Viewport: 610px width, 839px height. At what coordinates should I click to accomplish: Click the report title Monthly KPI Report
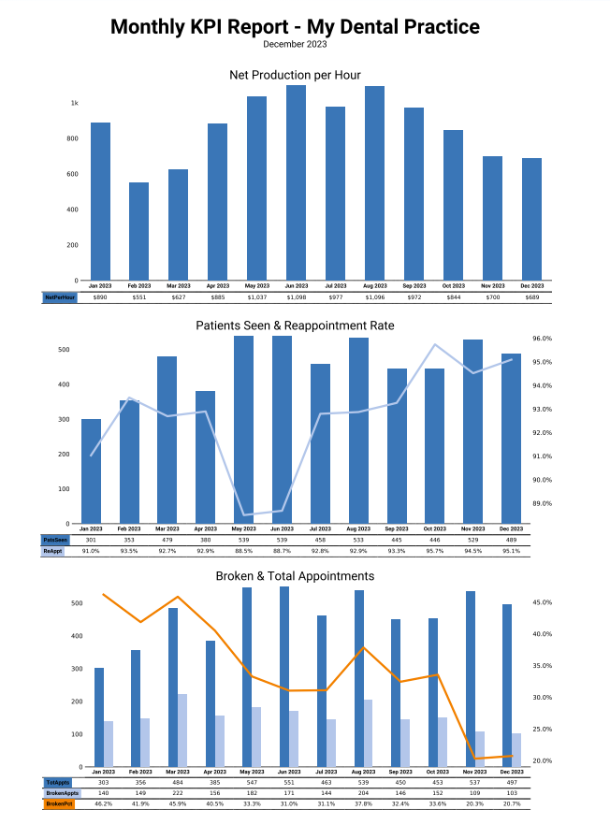295,27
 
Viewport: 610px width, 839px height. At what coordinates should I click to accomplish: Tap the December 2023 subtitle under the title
295,44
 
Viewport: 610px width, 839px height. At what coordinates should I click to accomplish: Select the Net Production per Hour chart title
295,75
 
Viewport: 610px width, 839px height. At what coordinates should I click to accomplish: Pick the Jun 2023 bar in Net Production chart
296,182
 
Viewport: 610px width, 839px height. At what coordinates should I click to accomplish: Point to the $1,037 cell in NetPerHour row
257,297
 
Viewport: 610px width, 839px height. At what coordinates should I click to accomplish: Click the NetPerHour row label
59,297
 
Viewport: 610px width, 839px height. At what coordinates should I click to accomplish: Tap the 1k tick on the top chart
73,103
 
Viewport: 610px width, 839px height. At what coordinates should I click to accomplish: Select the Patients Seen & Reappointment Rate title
295,325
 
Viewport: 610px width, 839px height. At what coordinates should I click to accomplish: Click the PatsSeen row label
55,540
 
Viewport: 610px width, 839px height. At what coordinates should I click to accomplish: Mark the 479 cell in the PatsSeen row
167,540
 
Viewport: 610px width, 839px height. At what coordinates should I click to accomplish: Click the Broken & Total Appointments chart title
295,576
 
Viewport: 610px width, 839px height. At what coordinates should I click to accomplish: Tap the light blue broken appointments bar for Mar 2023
182,730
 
